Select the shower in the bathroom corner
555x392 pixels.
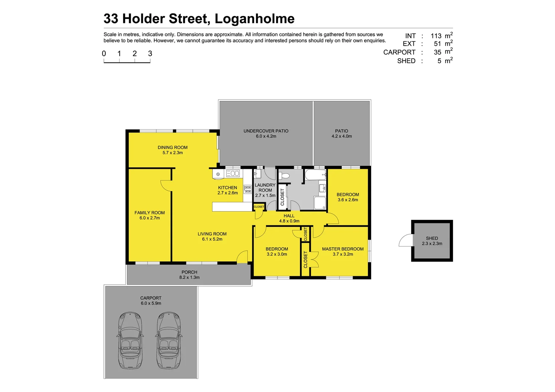[320, 203]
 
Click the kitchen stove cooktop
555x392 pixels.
[247, 189]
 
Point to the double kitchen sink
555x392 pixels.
[233, 173]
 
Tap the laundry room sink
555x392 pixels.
[258, 174]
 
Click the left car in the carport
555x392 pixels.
[130, 340]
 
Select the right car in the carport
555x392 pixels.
[169, 340]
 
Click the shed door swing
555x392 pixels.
[405, 241]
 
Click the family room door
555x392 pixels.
[166, 185]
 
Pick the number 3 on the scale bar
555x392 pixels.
[150, 54]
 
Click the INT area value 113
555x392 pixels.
[436, 36]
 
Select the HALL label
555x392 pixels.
[289, 216]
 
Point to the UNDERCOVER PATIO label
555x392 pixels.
[266, 131]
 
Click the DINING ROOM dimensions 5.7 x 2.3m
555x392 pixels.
[173, 153]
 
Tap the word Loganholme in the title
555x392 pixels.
[254, 19]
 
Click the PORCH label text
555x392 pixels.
[189, 272]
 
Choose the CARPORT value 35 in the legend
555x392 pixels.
[437, 52]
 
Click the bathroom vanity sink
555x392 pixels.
[322, 188]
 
